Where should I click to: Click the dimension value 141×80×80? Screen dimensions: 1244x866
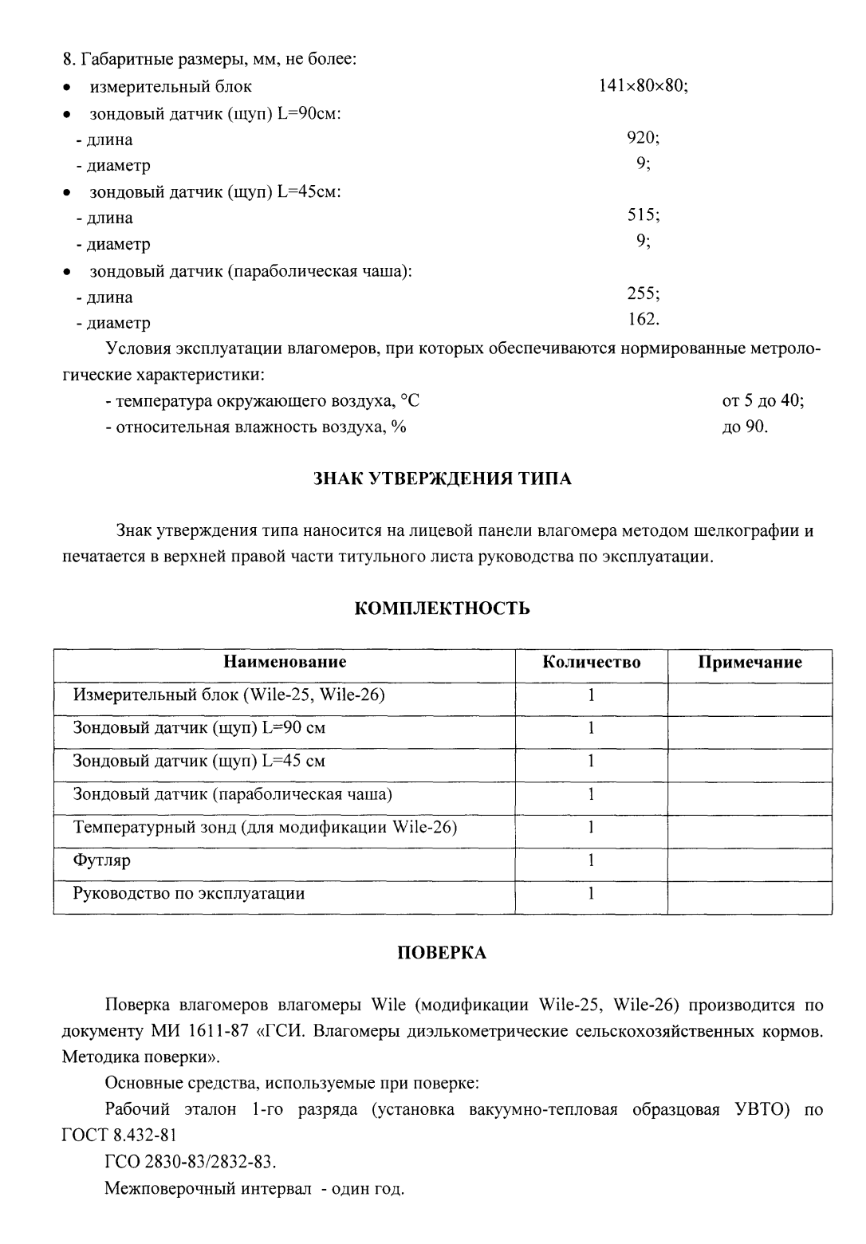coord(643,86)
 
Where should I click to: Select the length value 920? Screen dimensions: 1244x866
coord(643,138)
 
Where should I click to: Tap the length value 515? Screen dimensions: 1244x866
coord(643,216)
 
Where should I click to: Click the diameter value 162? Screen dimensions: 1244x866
coord(644,320)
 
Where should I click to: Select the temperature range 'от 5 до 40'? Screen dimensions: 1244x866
coord(762,401)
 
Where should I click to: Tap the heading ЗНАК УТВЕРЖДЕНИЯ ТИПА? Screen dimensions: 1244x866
coord(441,478)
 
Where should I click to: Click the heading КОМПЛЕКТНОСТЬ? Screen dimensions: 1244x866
coord(442,609)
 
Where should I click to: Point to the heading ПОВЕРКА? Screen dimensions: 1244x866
coord(442,954)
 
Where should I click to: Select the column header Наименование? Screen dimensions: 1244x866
coord(285,663)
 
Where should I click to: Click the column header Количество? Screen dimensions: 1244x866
coord(591,663)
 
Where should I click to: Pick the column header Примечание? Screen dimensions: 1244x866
coord(750,663)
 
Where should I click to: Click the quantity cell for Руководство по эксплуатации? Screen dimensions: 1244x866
coord(591,894)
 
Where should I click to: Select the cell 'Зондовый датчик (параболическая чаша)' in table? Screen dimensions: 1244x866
coord(232,794)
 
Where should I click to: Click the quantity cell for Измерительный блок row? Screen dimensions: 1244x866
coord(591,695)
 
